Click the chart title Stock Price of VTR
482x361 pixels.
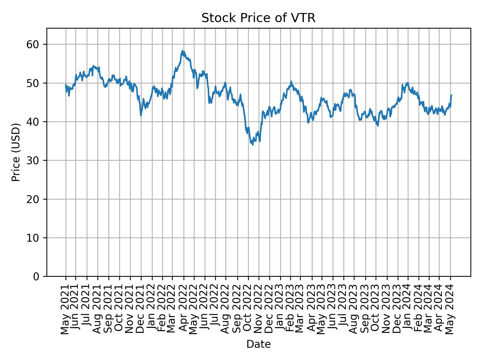(258, 18)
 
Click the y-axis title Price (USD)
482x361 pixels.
(16, 152)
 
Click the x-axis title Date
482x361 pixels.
(258, 344)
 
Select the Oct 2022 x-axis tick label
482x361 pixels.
(248, 307)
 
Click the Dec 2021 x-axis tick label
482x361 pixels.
(141, 307)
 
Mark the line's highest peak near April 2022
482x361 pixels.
(183, 51)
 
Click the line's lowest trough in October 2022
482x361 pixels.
(253, 145)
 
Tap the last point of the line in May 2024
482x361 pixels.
(451, 95)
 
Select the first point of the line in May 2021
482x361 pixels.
(66, 84)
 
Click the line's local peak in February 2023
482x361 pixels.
(291, 81)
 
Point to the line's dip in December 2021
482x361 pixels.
(141, 115)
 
